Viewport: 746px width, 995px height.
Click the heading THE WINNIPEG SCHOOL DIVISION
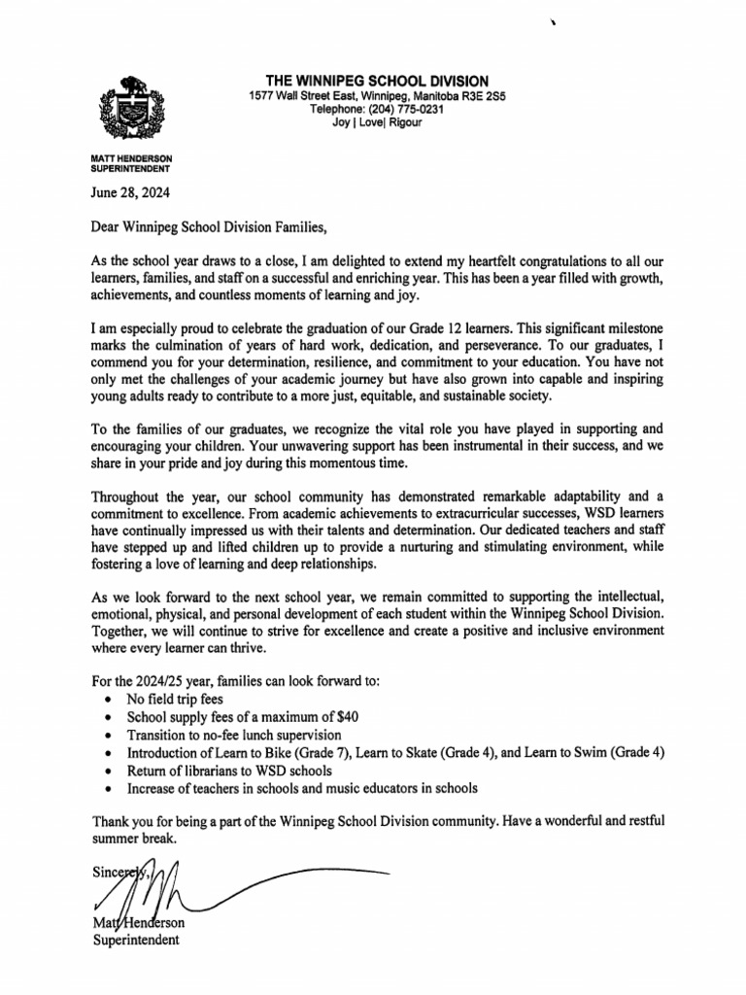pos(378,81)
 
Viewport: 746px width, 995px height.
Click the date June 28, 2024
pos(130,192)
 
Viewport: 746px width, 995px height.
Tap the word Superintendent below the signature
pos(135,940)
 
